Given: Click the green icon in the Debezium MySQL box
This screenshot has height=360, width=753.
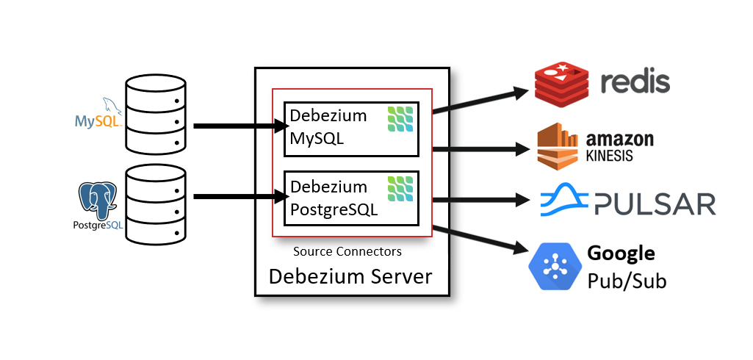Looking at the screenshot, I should point(400,119).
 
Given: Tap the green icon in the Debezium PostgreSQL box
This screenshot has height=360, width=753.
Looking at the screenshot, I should point(400,189).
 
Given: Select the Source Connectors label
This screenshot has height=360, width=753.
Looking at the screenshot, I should point(347,251).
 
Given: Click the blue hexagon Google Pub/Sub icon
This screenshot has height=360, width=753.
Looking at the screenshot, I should point(554,265).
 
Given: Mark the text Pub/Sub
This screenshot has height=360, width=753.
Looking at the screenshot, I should point(626,281).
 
